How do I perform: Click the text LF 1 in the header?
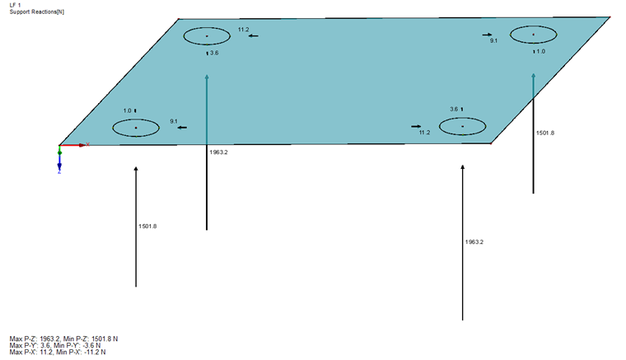tap(15, 5)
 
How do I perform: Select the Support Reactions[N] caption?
tap(37, 12)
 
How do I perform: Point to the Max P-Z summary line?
tap(63, 339)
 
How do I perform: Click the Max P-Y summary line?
tap(55, 346)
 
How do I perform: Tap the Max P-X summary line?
tap(58, 352)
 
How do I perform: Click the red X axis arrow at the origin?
tap(72, 145)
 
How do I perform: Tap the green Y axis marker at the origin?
tap(59, 152)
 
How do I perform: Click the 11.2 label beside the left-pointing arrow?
tap(243, 30)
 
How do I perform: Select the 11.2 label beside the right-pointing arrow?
tap(424, 133)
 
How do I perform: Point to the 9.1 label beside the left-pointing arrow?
tap(174, 121)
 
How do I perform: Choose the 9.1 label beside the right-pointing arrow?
tap(494, 40)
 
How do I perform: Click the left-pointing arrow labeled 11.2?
tap(253, 36)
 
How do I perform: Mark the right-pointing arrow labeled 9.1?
tap(487, 35)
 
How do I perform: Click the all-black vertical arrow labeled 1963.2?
tap(462, 242)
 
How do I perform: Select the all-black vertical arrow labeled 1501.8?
tap(136, 227)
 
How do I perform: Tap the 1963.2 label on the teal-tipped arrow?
tap(218, 152)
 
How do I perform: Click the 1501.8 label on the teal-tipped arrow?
tap(545, 133)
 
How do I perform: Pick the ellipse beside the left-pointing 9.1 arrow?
tap(136, 129)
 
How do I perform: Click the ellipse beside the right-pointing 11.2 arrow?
tap(462, 127)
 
